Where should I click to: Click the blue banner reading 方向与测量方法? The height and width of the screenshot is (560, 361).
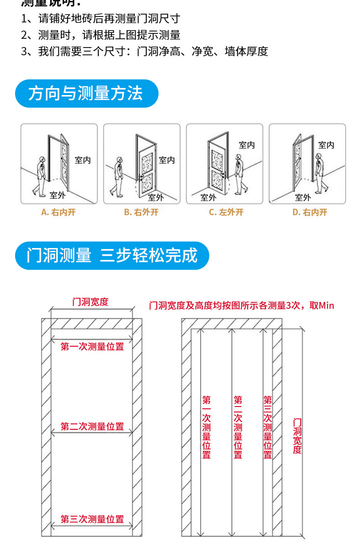click(86, 94)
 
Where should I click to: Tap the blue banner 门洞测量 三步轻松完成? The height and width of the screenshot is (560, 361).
click(112, 256)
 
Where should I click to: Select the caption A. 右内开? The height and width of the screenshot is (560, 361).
click(58, 212)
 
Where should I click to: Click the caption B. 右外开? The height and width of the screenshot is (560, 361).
click(141, 212)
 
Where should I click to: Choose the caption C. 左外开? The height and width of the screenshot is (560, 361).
click(226, 212)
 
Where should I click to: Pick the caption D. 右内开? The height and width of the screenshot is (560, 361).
click(310, 212)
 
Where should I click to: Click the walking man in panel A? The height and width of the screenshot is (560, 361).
click(39, 176)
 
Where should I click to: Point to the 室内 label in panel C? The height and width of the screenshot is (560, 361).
click(247, 145)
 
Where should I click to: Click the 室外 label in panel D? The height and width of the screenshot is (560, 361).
click(303, 197)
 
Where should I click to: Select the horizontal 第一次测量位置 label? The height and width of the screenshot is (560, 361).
click(92, 347)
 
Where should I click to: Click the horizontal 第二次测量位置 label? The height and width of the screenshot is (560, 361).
click(92, 427)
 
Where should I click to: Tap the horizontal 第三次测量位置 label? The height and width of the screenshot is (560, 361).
click(92, 519)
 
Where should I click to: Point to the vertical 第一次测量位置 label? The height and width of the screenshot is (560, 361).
click(207, 427)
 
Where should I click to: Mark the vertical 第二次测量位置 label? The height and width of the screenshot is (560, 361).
click(238, 427)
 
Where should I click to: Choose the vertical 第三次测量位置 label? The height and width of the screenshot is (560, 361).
click(268, 427)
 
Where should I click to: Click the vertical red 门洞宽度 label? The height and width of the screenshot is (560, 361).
click(297, 436)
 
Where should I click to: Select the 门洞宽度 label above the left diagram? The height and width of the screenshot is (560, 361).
click(90, 302)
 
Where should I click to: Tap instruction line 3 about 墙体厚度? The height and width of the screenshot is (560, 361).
click(144, 52)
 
